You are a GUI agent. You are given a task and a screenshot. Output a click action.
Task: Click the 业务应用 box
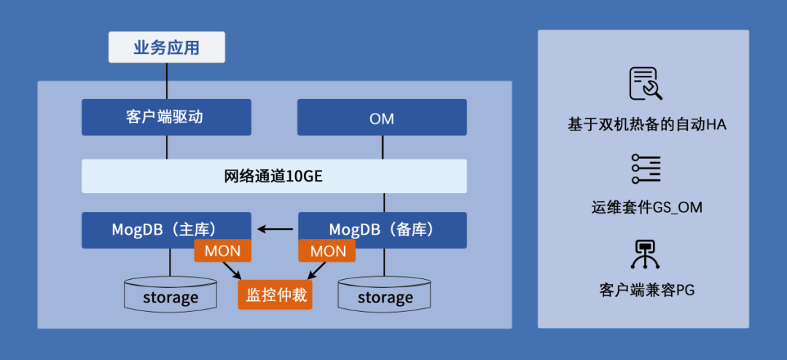[x=166, y=48]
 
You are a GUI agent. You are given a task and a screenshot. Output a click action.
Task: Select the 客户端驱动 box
[x=166, y=117]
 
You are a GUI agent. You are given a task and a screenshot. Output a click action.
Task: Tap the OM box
[x=382, y=117]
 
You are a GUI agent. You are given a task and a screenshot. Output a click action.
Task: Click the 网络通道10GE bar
[x=274, y=176]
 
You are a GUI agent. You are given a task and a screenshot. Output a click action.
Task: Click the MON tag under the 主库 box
[x=222, y=251]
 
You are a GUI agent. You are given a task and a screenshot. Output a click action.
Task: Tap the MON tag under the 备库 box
[x=327, y=251]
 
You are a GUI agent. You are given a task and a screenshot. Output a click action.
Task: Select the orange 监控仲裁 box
[x=275, y=295]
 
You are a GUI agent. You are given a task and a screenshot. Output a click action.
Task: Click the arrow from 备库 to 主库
[x=275, y=230]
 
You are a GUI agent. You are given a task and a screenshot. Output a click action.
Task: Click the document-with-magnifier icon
[x=645, y=83]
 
